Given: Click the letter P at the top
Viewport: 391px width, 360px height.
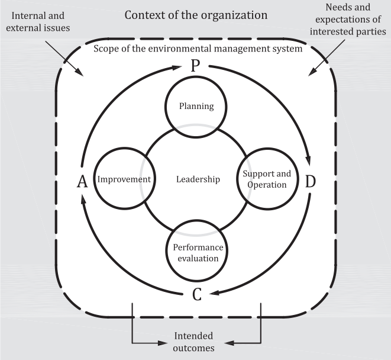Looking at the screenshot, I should [x=196, y=66].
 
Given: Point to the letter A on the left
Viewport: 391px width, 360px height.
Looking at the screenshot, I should [x=82, y=182].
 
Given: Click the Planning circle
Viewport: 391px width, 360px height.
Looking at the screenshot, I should [x=196, y=107].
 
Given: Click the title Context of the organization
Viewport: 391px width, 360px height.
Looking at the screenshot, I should [x=196, y=14].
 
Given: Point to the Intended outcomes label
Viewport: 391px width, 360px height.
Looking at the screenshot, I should [x=194, y=342].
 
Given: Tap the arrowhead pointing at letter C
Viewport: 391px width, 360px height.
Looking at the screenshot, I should [x=216, y=291].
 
